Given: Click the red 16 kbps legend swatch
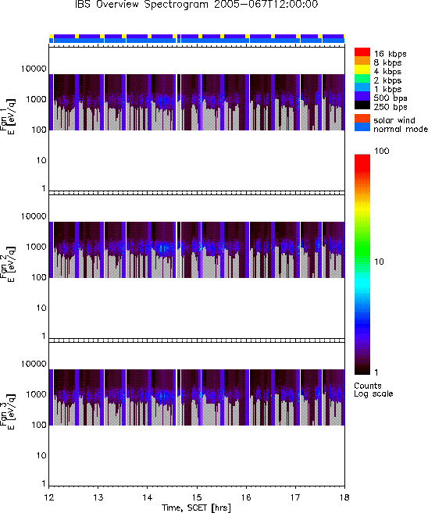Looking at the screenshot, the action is coord(362,52).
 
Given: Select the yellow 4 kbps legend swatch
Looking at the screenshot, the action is coord(362,69).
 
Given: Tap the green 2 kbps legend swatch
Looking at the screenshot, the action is coord(362,79).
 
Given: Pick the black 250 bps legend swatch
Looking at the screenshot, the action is coord(362,105).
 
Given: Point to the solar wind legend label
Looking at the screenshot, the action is coord(394,120).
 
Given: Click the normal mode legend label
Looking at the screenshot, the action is coord(401,129).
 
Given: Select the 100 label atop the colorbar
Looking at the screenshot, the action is coord(382,151).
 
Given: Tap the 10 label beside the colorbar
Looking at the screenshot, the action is coord(379,262).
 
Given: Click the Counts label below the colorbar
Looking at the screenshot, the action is coord(368,386).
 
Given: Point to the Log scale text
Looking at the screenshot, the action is coord(373,394).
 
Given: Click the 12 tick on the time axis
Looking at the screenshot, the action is coord(48,497).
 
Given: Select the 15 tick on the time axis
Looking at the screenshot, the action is coord(197,497).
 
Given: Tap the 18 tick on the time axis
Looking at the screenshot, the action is coord(344,497).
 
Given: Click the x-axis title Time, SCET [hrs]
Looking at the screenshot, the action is coord(196,508).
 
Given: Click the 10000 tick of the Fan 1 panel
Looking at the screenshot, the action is coord(34,69).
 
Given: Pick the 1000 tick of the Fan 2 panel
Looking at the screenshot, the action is coord(37,247).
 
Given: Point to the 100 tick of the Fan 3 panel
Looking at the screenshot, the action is coord(39,425).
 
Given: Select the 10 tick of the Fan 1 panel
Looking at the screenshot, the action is coord(41,160).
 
